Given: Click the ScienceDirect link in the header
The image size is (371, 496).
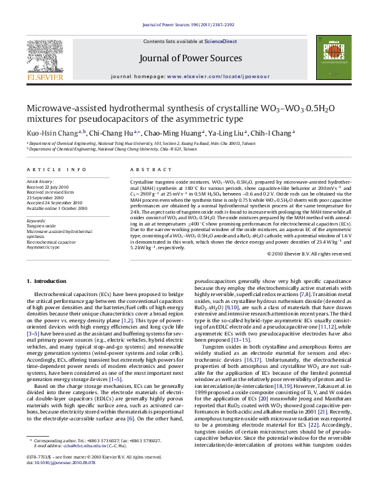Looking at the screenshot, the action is coord(227,41).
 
